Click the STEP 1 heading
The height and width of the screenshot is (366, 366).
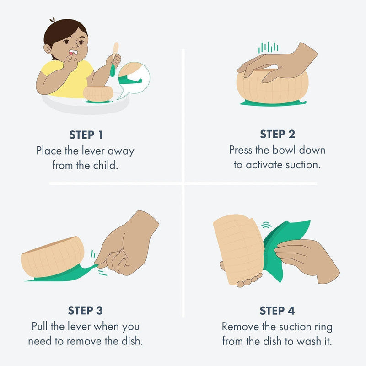[x=86, y=135]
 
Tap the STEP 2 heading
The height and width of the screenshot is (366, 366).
[x=278, y=134]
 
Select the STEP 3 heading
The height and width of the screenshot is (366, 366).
[x=86, y=311]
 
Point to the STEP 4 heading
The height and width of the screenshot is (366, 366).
[x=277, y=311]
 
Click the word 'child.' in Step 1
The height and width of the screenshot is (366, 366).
[x=106, y=165]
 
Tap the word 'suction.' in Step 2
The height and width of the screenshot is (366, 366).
[x=303, y=165]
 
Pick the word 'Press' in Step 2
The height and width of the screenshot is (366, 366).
[x=241, y=150]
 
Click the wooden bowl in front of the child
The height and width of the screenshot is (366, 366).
[x=98, y=94]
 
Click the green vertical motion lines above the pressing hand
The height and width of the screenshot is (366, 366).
[x=268, y=48]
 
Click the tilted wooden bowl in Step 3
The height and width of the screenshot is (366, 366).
[x=53, y=257]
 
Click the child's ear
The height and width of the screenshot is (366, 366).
[x=48, y=49]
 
